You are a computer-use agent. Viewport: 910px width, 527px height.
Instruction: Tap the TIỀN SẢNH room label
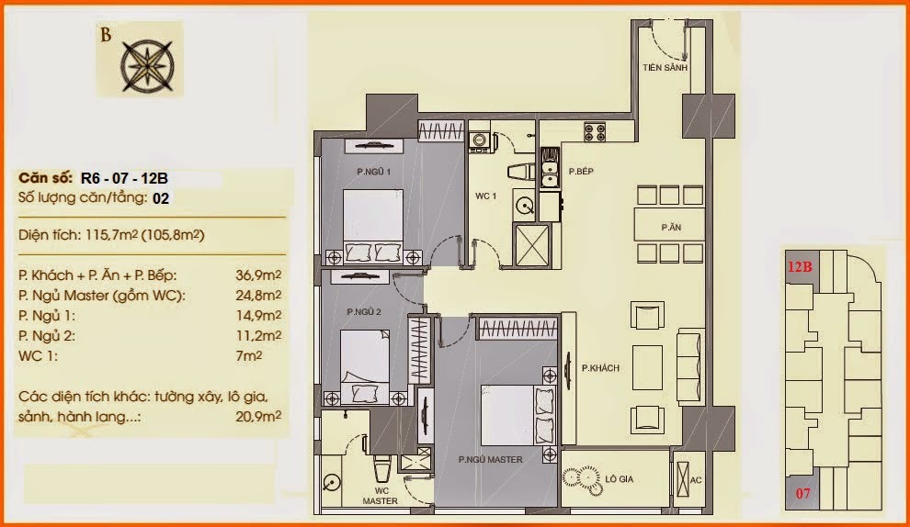point(665,68)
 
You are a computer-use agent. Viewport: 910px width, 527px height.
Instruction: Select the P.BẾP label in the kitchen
point(581,172)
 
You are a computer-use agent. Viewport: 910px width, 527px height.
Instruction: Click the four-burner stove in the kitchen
point(595,133)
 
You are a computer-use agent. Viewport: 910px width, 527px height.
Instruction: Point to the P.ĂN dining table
point(670,224)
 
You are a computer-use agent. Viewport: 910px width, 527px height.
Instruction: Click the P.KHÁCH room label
point(600,368)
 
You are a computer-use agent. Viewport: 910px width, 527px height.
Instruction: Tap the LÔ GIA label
point(620,479)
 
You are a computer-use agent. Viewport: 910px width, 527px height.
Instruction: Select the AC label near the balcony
point(696,480)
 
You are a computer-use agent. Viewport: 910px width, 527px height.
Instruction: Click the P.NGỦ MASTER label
point(491,460)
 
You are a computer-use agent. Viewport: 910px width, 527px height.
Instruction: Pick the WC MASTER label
point(381,497)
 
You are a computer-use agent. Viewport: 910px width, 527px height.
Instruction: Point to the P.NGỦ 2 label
point(364,312)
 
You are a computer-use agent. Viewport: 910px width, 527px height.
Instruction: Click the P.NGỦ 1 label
point(374,172)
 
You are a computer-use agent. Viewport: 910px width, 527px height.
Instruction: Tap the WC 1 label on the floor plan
point(485,196)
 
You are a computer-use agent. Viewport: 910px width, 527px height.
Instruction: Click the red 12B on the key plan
point(800,267)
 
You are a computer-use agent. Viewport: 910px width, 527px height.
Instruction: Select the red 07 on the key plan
point(802,494)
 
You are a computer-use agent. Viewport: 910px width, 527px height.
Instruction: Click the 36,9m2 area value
point(258,275)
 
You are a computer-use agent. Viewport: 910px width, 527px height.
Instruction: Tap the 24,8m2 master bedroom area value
point(258,295)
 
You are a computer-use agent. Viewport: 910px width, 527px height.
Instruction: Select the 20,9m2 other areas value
point(258,416)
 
